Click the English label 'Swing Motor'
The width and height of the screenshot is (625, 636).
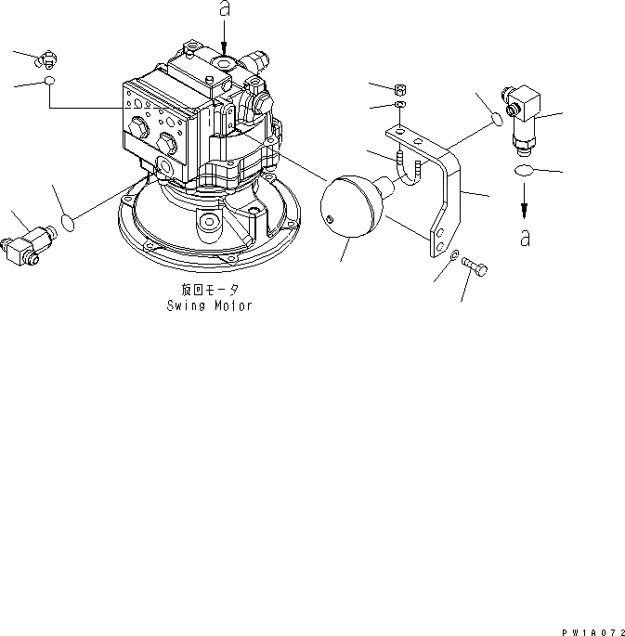click(209, 305)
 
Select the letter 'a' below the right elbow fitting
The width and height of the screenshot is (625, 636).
click(525, 238)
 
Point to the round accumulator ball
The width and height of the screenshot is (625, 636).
click(351, 208)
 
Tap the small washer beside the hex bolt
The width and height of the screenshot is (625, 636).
click(454, 256)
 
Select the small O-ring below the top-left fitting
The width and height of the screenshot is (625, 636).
click(49, 84)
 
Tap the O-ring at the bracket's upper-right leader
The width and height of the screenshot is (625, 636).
click(497, 119)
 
